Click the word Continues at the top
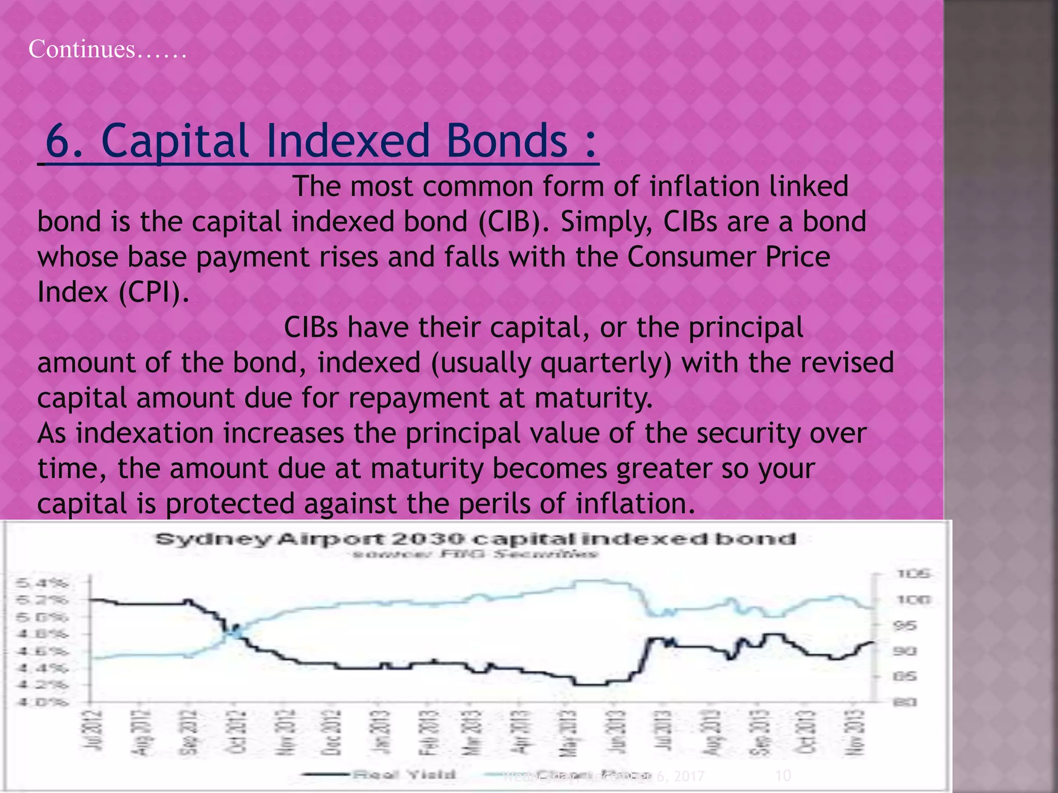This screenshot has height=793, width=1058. [82, 50]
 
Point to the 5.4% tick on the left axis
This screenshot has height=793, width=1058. [42, 583]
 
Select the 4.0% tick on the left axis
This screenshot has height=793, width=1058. [42, 702]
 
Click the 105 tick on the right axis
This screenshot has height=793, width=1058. [913, 574]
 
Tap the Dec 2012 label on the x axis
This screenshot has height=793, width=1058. [333, 732]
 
